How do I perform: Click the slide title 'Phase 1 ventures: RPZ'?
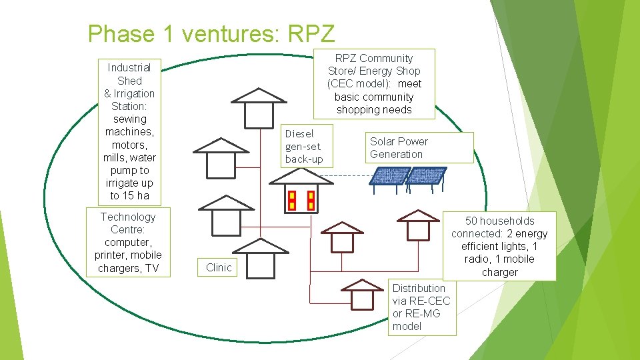click(x=211, y=33)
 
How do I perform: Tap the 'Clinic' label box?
click(x=219, y=267)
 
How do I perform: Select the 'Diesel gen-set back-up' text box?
click(x=304, y=147)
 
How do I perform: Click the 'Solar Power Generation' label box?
click(x=421, y=147)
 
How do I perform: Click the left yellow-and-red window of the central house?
click(x=291, y=200)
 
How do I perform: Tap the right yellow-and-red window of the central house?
click(x=310, y=200)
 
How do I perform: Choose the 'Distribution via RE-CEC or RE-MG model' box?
click(x=422, y=307)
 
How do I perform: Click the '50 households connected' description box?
click(x=499, y=246)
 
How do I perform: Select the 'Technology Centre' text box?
click(x=128, y=243)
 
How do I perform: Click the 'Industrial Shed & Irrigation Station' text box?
click(x=129, y=131)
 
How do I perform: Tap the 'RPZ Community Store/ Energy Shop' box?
click(x=374, y=84)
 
